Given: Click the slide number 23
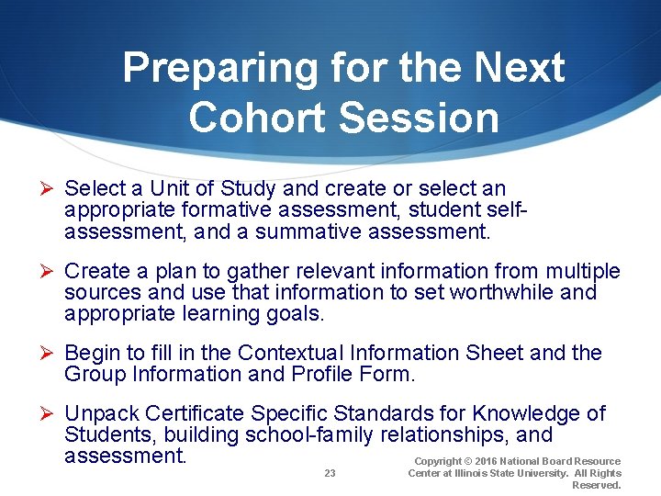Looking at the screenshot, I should coord(330,473).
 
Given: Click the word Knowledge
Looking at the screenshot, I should coord(532,414).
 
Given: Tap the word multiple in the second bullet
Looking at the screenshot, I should coord(583,272).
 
